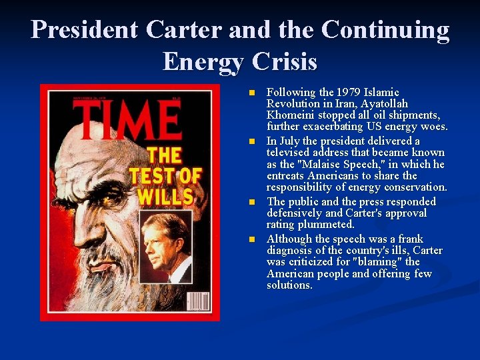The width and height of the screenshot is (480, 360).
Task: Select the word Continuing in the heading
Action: point(385,30)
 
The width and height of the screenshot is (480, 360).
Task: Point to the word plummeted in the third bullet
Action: point(326,225)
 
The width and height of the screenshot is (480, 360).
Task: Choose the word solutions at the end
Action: point(289,285)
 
